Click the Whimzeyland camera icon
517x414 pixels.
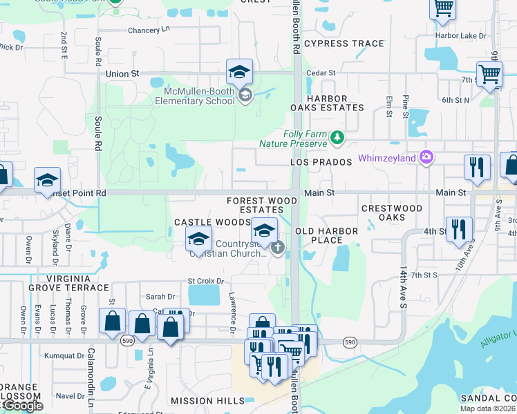tap(426, 158)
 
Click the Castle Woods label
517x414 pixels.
tap(211, 222)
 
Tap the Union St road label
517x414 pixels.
tap(122, 72)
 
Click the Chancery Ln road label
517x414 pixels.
tap(149, 30)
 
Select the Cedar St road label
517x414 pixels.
tap(321, 72)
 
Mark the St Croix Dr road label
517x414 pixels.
tap(206, 282)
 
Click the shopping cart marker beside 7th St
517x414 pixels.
tap(489, 74)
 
